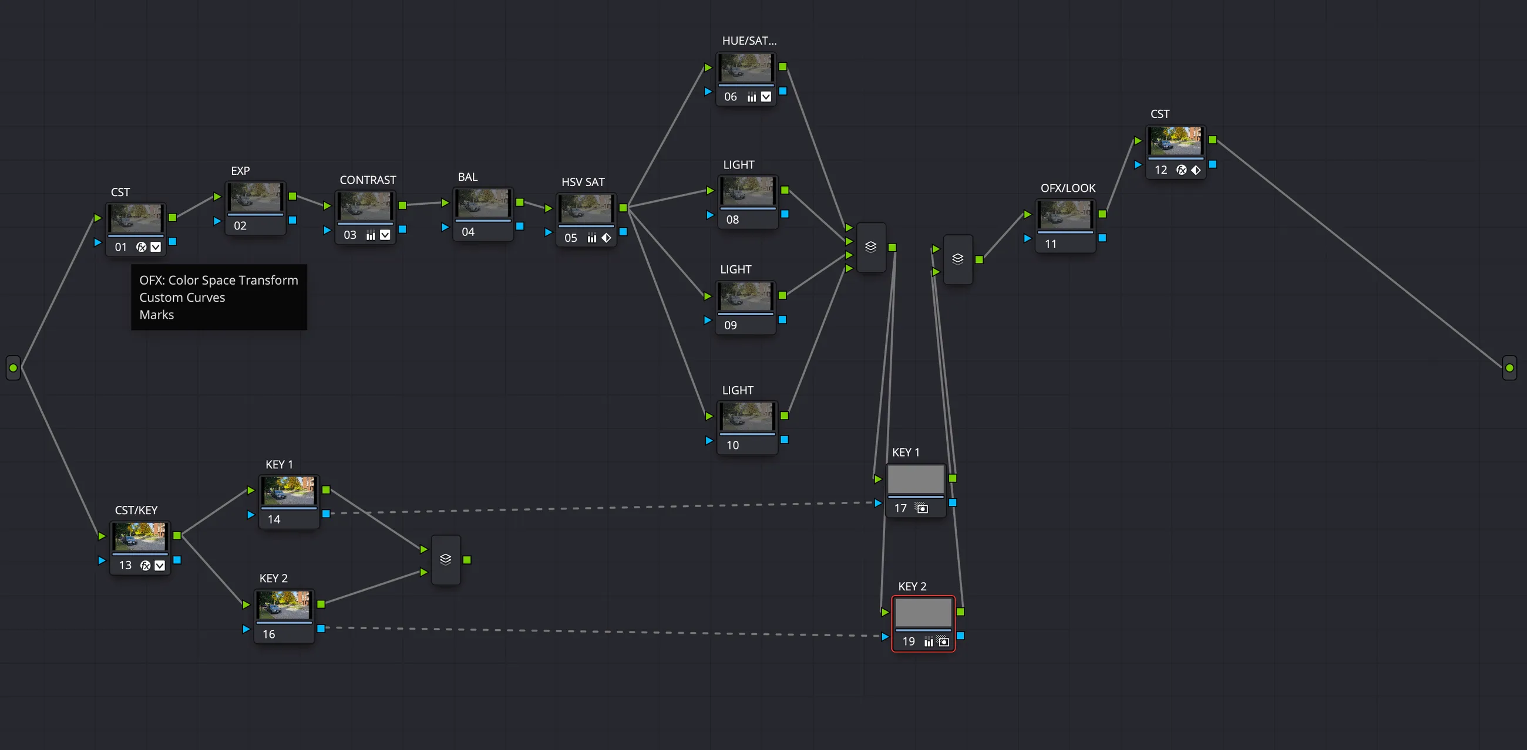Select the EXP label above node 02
point(240,171)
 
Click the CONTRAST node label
point(368,180)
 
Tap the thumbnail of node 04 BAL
point(483,203)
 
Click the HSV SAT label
point(583,182)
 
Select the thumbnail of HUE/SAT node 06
point(746,67)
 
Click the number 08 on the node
point(732,220)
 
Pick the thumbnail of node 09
point(746,296)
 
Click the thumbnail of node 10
point(747,416)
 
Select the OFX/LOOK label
point(1068,188)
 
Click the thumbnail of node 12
point(1175,141)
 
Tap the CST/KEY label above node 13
point(136,510)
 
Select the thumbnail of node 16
point(284,605)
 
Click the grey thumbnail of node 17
point(915,479)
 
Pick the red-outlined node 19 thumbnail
point(923,612)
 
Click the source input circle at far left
point(13,368)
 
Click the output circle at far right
point(1509,368)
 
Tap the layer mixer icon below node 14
point(446,559)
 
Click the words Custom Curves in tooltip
point(182,298)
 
